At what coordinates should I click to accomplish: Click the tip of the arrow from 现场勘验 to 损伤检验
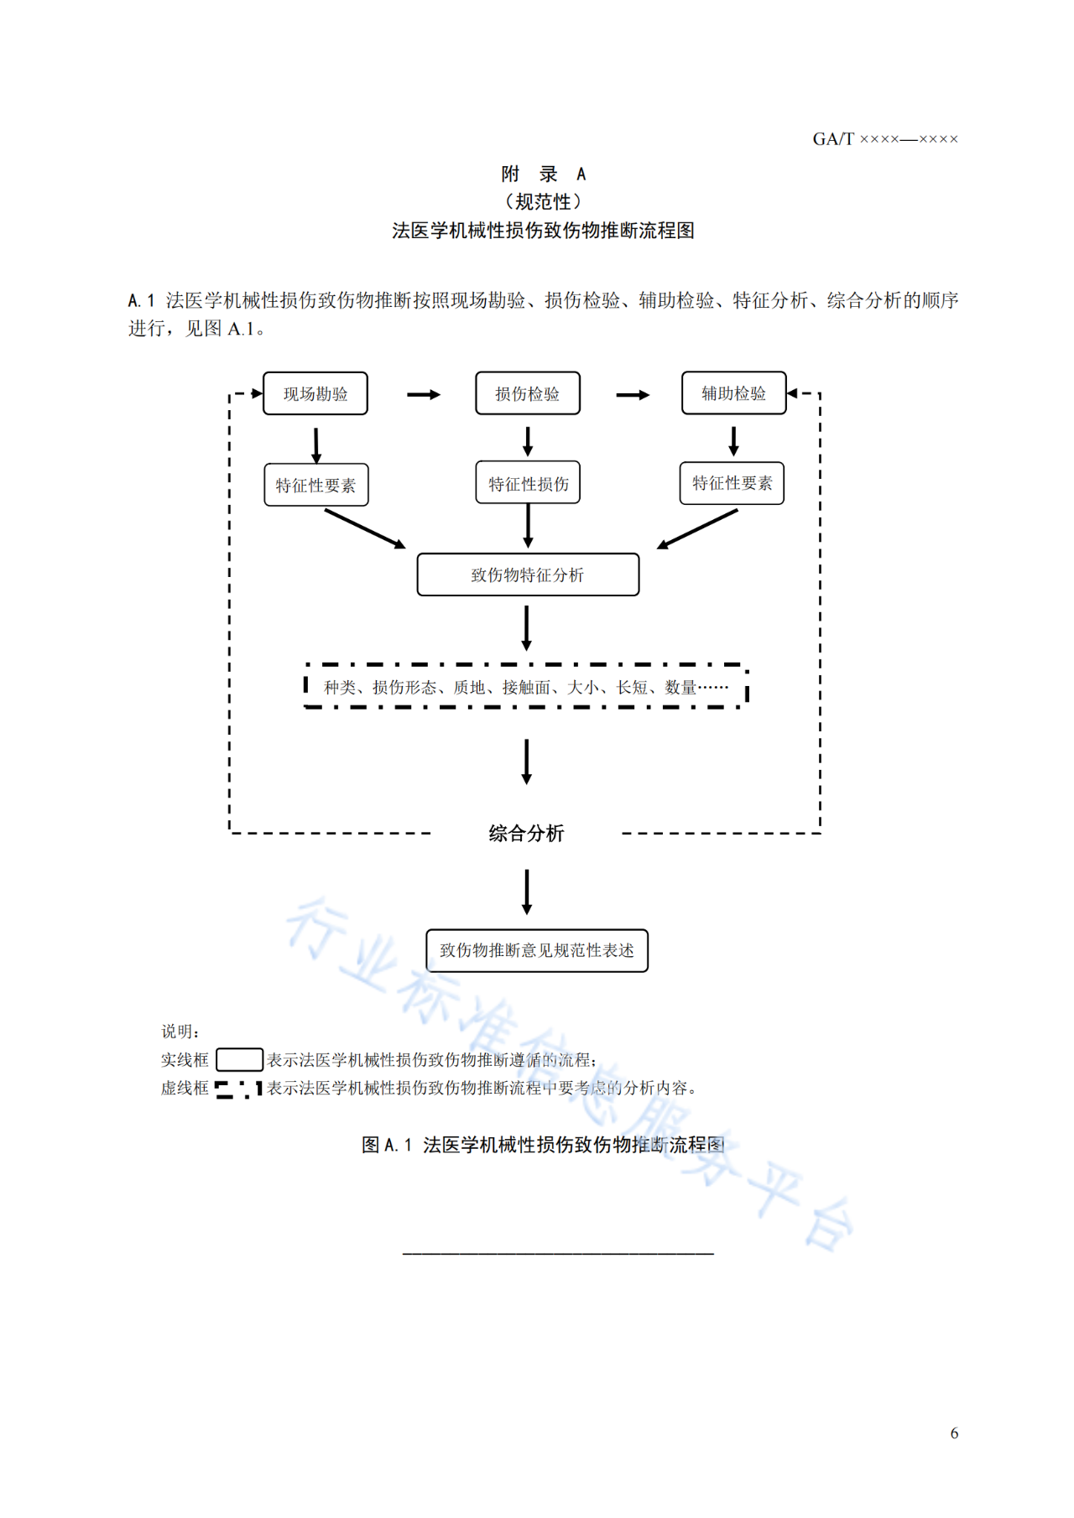[441, 394]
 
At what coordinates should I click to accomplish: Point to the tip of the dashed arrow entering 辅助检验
[787, 392]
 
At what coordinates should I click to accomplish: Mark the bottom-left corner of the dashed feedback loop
[230, 833]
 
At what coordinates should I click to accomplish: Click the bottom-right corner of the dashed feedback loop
[820, 833]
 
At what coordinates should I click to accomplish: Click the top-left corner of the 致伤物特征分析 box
[418, 554]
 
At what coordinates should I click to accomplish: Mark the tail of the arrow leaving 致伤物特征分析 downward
[526, 606]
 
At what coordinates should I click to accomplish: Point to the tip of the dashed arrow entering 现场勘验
[263, 392]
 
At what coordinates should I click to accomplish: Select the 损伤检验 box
[528, 393]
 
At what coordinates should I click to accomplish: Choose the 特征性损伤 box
[528, 483]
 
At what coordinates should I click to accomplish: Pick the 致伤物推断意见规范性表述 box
[537, 950]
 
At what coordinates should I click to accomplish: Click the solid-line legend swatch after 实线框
[239, 1060]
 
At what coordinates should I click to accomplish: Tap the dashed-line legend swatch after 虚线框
[239, 1089]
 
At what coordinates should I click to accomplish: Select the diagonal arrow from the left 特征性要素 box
[365, 529]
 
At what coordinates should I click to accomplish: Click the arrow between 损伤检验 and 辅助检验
[633, 394]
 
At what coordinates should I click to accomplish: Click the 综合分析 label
[526, 833]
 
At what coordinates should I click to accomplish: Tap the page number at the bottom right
[954, 1433]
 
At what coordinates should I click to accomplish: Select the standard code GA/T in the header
[833, 139]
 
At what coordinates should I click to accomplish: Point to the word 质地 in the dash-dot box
[469, 688]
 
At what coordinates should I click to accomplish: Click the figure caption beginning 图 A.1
[543, 1145]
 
